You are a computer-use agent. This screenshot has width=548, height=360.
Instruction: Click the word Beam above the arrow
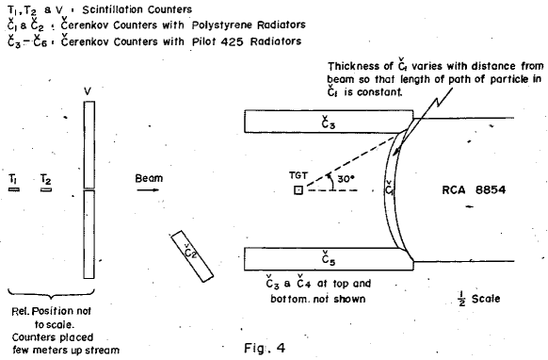(x=148, y=176)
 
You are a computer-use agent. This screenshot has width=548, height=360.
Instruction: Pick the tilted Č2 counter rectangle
(x=190, y=253)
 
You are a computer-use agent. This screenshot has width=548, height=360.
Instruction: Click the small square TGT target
(x=298, y=190)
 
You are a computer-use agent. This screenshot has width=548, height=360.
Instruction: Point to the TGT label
(x=298, y=175)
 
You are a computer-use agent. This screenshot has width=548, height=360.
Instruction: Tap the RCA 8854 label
(x=474, y=189)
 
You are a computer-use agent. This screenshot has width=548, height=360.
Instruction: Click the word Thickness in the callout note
(x=353, y=66)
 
